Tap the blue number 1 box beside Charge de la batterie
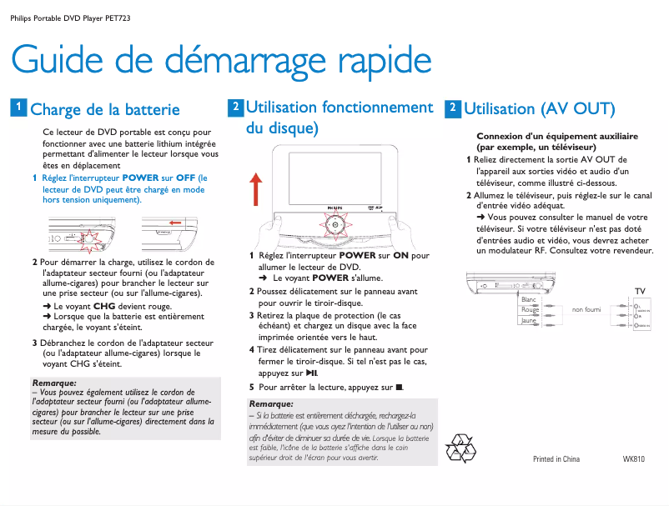coord(17,108)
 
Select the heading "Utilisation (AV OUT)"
coord(539,109)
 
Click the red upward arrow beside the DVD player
coord(257,188)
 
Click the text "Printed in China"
coord(556,459)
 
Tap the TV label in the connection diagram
coord(640,290)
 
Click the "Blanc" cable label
coord(529,299)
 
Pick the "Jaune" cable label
coord(529,321)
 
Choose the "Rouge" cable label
coord(530,310)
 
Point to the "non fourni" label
coord(586,310)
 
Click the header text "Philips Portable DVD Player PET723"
coord(70,18)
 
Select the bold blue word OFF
coord(185,178)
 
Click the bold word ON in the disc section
coord(400,256)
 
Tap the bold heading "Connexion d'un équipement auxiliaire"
coord(556,135)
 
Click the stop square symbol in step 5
coord(400,388)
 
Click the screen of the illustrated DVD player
coord(330,176)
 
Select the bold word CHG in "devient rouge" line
coord(104,307)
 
